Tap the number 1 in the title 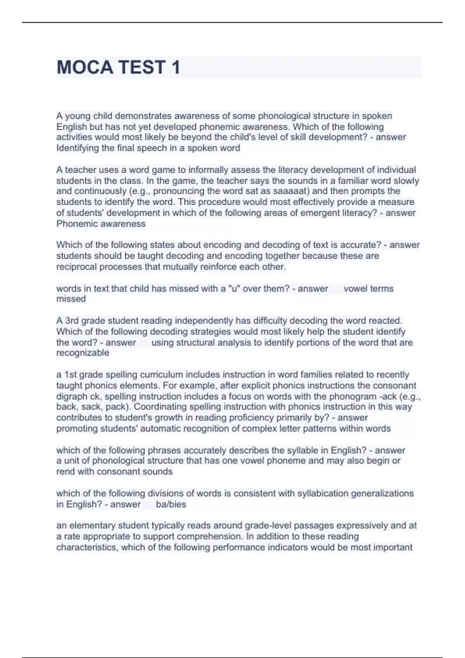(176, 67)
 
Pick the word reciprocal (77, 267)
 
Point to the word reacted (385, 321)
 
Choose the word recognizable (83, 353)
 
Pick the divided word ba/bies (171, 504)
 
